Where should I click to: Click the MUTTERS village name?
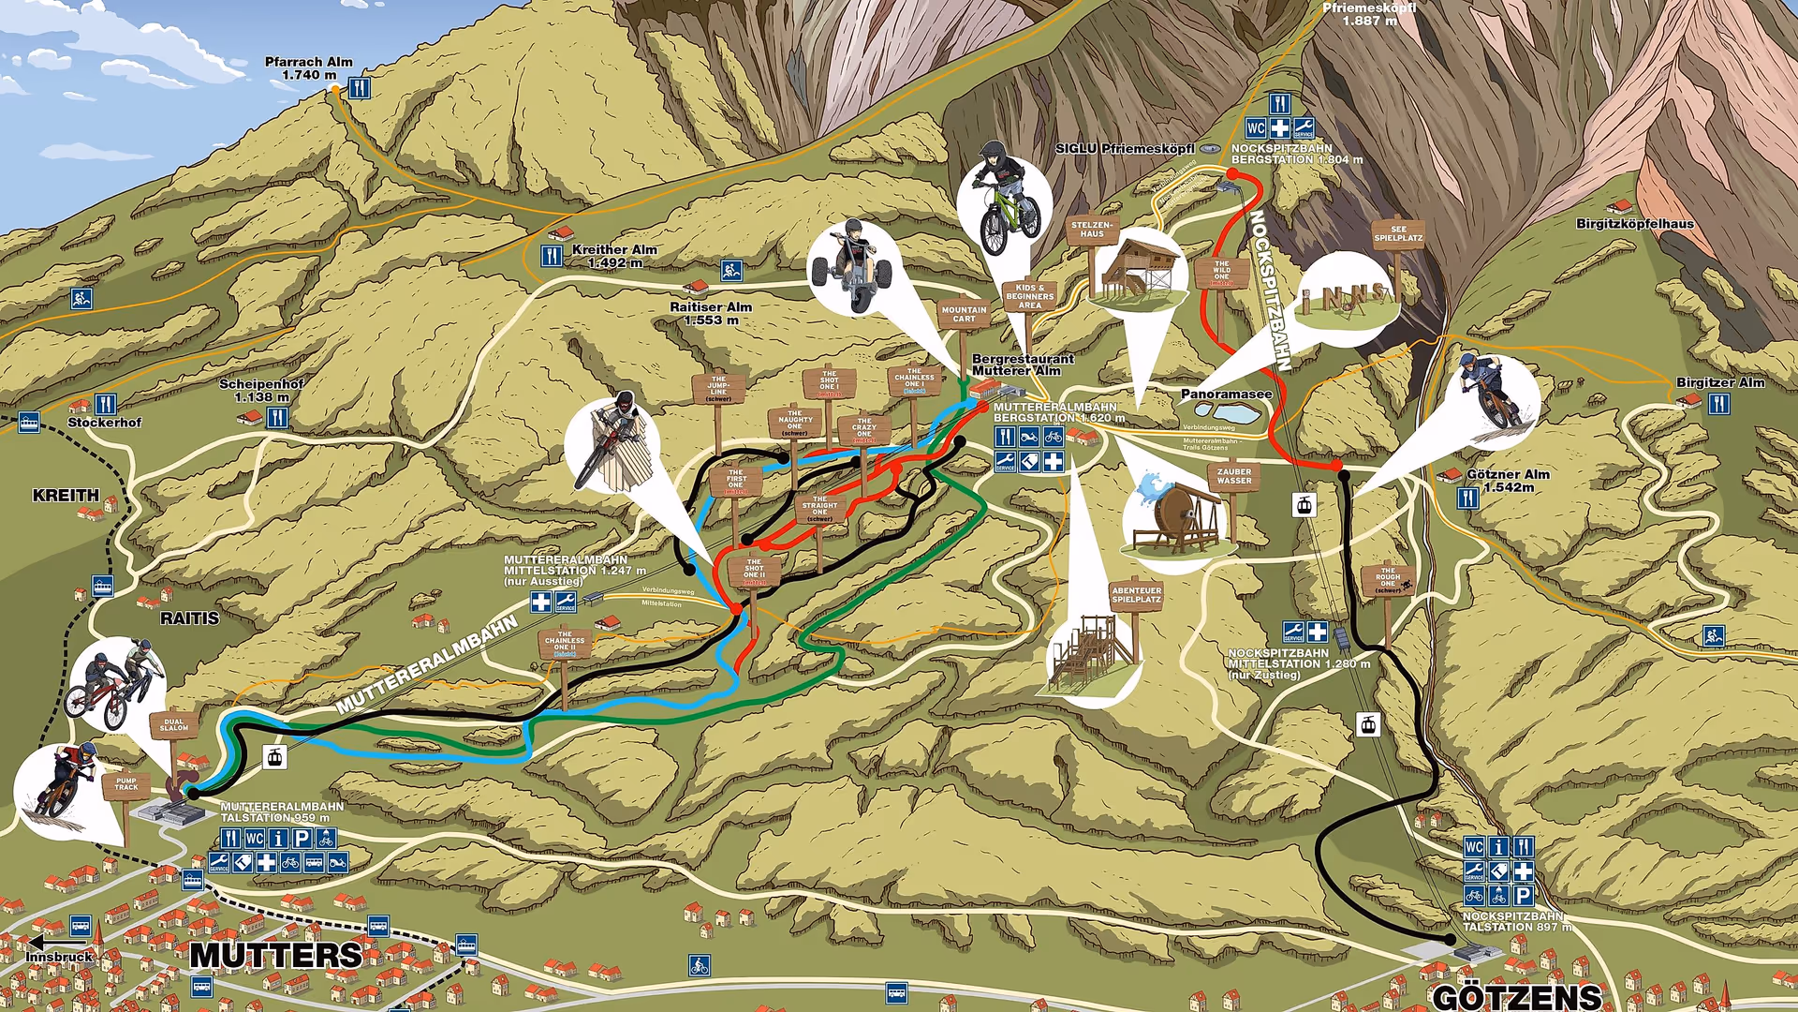coord(276,956)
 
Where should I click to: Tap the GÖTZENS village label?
coord(1517,997)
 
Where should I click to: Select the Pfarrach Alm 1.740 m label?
coord(308,68)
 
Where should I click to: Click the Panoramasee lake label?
coord(1226,394)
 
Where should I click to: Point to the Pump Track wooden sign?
coord(126,783)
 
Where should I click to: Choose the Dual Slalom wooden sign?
coord(174,725)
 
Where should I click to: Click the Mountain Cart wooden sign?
coord(964,314)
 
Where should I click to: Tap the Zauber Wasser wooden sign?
coord(1233,476)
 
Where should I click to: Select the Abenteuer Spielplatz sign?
coord(1136,595)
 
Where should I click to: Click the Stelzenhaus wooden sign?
coord(1092,230)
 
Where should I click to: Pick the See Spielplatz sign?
coord(1398,233)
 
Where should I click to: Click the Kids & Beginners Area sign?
coord(1029,296)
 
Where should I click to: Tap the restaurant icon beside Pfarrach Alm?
coord(359,88)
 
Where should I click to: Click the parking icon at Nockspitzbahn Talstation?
coord(1523,895)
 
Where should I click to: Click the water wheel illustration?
coord(1176,515)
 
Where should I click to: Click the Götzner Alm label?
coord(1508,480)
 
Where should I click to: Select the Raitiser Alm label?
coord(711,313)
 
